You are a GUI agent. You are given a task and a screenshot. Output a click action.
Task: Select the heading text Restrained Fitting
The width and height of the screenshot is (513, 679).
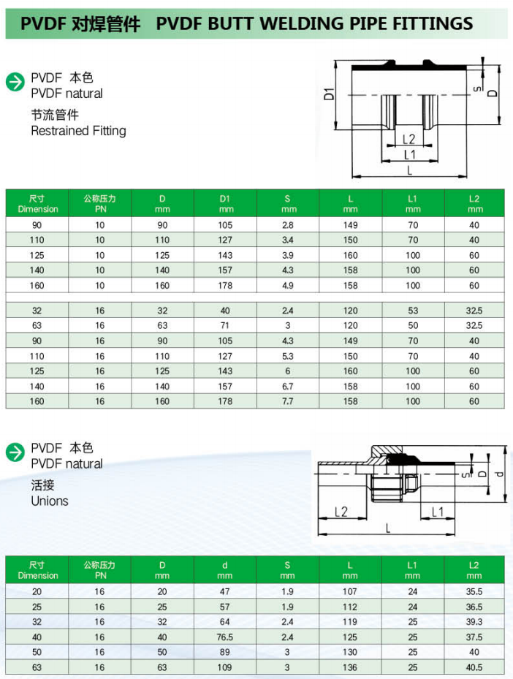tap(78, 131)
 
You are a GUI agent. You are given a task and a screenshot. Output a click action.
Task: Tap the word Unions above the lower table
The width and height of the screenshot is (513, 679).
tap(50, 501)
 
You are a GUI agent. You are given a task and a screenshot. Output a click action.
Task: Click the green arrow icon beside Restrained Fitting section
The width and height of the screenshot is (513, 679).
tap(15, 82)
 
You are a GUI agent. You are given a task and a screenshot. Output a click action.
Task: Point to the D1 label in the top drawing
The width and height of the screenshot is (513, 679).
tap(329, 94)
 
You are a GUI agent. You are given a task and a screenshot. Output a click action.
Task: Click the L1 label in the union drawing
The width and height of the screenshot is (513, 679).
tap(438, 512)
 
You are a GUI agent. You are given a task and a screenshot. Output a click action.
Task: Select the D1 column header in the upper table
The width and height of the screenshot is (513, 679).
tap(224, 203)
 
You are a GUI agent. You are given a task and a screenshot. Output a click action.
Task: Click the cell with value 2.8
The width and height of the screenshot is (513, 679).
tap(287, 225)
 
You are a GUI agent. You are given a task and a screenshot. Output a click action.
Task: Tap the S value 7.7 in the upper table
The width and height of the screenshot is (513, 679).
tap(287, 401)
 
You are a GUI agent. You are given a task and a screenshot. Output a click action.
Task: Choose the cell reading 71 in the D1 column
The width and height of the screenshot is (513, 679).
tap(224, 325)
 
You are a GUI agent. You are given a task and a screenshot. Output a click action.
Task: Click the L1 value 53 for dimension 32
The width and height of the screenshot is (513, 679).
tap(413, 310)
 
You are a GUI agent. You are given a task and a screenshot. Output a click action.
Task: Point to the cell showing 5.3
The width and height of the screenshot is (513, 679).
tap(287, 356)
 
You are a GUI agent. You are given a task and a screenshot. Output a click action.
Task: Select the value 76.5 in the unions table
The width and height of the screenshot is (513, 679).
tap(224, 637)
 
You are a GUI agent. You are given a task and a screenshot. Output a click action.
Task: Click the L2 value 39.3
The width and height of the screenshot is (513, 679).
tap(475, 622)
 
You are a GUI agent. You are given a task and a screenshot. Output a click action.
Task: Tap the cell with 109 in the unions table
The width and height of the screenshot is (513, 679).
tap(224, 667)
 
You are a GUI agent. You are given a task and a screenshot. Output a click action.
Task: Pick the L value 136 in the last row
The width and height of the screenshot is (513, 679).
tap(350, 667)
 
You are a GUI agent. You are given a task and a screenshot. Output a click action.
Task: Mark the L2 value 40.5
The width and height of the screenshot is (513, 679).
tap(475, 667)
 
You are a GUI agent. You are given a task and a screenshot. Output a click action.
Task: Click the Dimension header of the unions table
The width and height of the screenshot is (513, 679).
tap(37, 570)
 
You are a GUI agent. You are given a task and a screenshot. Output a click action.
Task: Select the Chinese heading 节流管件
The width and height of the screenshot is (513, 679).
tap(55, 115)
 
